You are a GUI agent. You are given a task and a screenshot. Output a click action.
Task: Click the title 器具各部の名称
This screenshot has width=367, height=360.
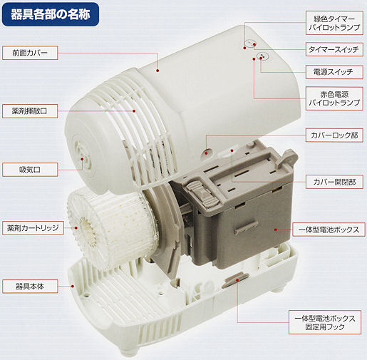click(51, 14)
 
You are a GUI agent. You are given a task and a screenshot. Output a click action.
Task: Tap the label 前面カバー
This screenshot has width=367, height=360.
click(30, 53)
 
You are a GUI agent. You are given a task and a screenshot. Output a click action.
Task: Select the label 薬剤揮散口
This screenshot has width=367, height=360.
click(30, 111)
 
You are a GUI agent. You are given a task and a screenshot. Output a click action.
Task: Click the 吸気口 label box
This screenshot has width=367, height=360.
click(30, 170)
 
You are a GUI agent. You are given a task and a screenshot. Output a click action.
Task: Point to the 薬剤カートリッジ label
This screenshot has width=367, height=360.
click(33, 228)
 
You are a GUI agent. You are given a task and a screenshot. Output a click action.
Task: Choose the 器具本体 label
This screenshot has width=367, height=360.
click(30, 287)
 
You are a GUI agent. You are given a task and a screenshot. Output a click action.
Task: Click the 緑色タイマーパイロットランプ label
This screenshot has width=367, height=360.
click(334, 23)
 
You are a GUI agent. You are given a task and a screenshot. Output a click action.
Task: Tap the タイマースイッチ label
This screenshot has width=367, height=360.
click(334, 49)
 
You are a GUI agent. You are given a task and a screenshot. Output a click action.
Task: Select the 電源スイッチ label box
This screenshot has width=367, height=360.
click(334, 72)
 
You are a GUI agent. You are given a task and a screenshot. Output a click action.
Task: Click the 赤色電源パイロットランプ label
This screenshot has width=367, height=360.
click(334, 98)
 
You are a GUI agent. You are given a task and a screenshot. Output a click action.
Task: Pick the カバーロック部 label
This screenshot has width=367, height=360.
click(334, 135)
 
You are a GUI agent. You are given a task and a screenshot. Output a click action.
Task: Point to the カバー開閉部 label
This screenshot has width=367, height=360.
click(334, 182)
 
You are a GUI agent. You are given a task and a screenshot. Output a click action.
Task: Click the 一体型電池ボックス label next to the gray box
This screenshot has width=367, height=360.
click(329, 230)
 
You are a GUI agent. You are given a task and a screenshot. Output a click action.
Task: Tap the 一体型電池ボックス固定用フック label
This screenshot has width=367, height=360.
click(325, 322)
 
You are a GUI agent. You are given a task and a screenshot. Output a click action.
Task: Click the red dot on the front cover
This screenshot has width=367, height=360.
click(157, 71)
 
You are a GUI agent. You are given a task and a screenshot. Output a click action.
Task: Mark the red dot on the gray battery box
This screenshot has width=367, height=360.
click(276, 230)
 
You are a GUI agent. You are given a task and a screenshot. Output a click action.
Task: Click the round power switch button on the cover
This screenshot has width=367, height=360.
click(262, 57)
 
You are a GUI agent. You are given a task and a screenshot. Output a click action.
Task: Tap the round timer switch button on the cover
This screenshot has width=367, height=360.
click(251, 43)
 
